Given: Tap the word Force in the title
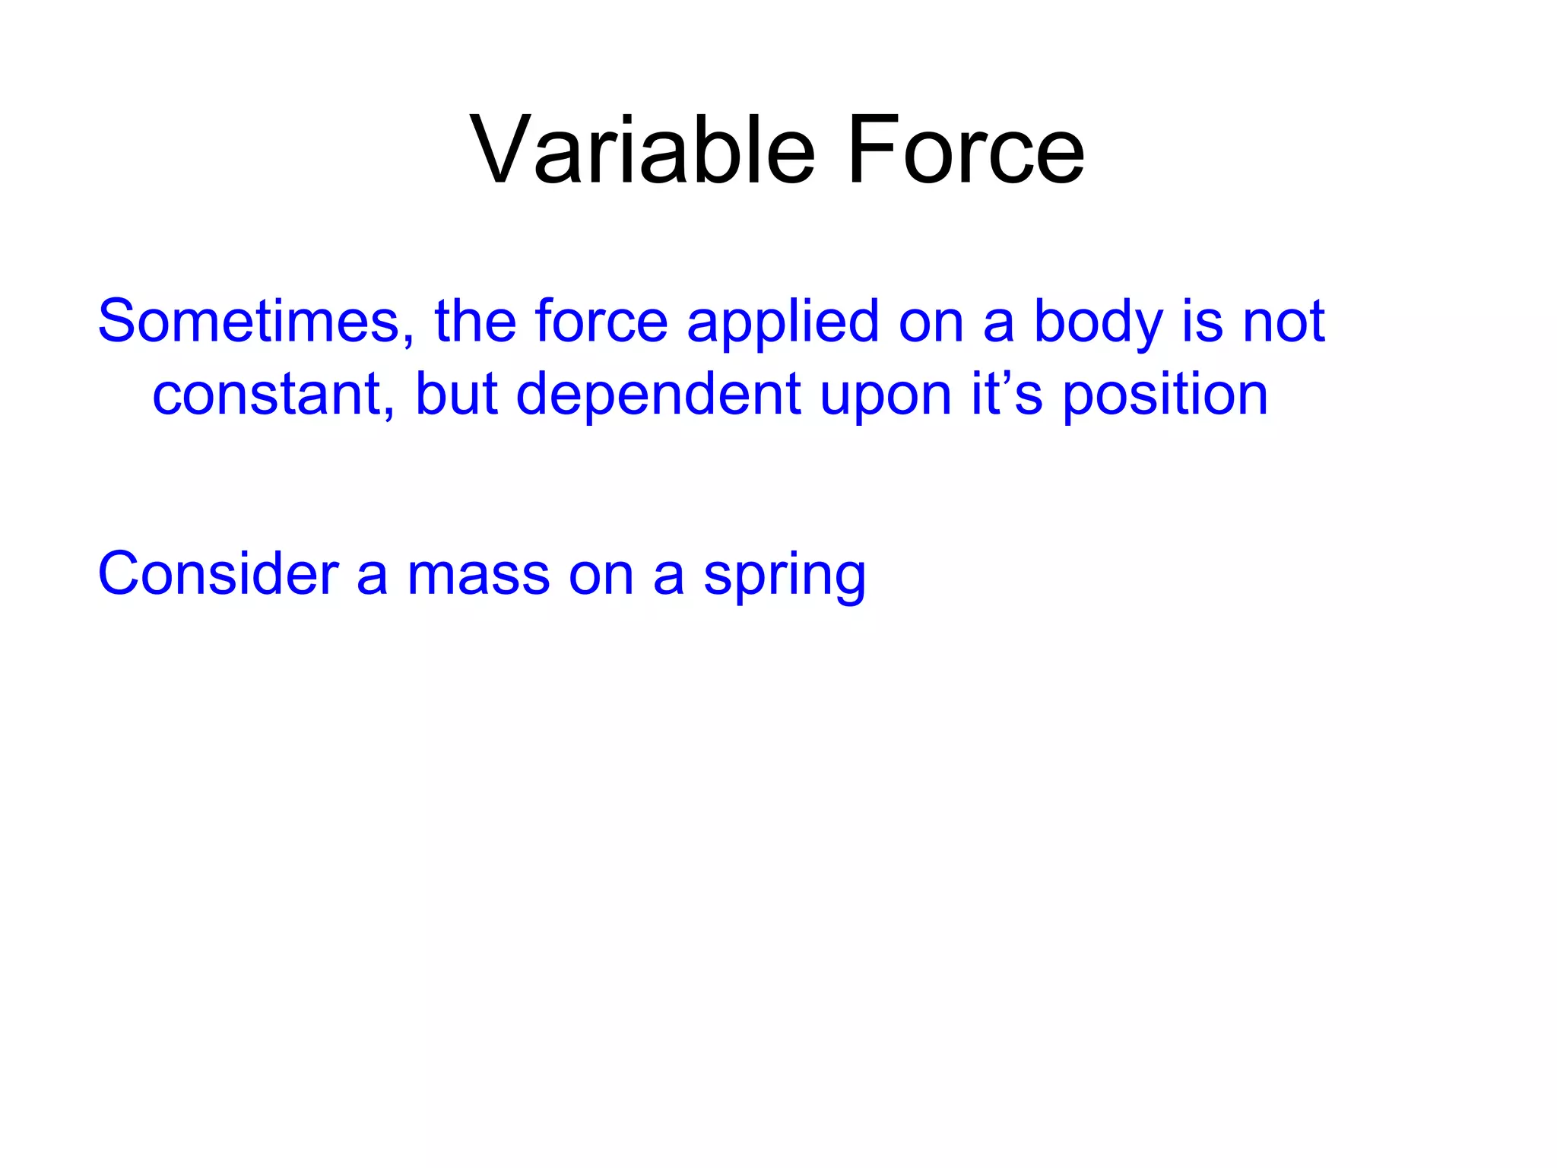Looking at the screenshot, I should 965,150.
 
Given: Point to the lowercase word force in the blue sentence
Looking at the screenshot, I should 601,321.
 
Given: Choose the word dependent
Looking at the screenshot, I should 658,394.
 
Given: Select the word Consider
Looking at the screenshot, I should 217,573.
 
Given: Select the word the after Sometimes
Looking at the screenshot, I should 475,321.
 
